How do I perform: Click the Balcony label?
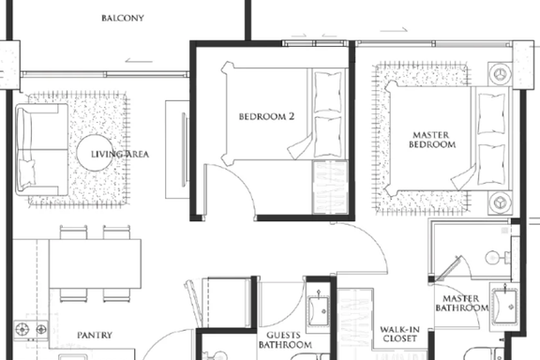click(x=123, y=18)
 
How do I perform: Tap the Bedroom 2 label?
click(x=266, y=116)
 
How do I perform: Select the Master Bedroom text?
click(x=432, y=140)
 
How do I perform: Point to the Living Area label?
click(x=120, y=154)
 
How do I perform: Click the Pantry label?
click(x=95, y=335)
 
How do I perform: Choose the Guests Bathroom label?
click(x=285, y=339)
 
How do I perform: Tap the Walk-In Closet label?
click(x=399, y=334)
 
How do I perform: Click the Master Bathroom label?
click(x=461, y=303)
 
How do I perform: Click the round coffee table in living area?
click(x=95, y=153)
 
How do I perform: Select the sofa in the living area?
click(x=41, y=150)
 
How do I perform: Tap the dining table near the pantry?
click(x=95, y=263)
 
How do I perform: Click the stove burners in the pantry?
click(x=31, y=329)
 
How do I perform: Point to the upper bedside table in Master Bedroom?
click(x=500, y=74)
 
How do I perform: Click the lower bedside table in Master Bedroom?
click(x=500, y=202)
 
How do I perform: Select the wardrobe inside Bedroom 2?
click(x=330, y=187)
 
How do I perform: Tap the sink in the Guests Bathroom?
click(x=318, y=311)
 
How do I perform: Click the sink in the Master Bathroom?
click(x=504, y=306)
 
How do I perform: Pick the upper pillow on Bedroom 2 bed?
click(x=328, y=91)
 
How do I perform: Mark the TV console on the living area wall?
click(x=177, y=149)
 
